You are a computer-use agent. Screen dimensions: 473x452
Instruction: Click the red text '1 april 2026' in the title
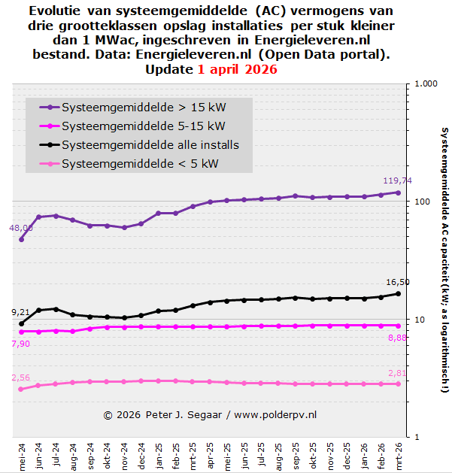coord(238,69)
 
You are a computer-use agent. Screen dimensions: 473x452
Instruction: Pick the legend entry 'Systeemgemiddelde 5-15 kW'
coord(132,126)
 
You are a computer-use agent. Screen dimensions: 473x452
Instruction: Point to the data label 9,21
coord(21,312)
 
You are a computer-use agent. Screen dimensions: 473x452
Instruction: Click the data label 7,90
coord(21,344)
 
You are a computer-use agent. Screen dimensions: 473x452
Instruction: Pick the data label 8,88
coord(398,338)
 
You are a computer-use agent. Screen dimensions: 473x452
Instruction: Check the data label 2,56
coord(21,377)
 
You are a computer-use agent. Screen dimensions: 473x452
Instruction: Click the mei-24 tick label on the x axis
coord(22,455)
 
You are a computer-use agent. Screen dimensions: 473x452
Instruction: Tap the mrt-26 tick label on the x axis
coord(398,455)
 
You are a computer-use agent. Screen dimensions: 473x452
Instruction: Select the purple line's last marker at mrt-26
coord(398,193)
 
